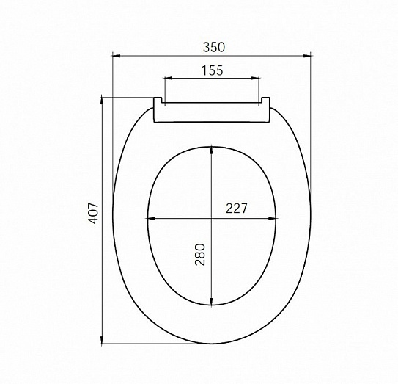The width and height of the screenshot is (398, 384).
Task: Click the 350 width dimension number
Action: (213, 46)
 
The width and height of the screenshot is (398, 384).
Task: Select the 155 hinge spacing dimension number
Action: (211, 70)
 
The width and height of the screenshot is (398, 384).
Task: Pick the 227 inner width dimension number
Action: (236, 209)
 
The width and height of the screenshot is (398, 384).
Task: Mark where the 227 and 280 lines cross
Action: (212, 218)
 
